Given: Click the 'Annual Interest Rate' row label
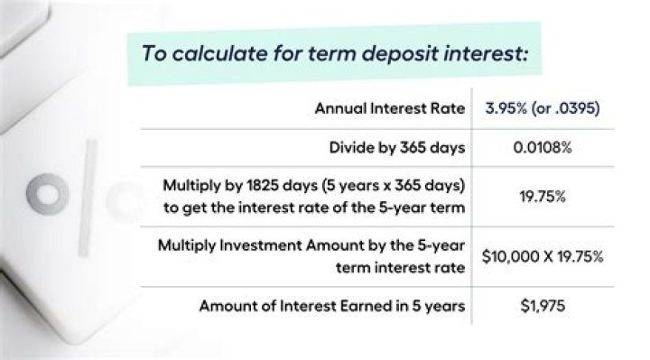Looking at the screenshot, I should click(x=389, y=109).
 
